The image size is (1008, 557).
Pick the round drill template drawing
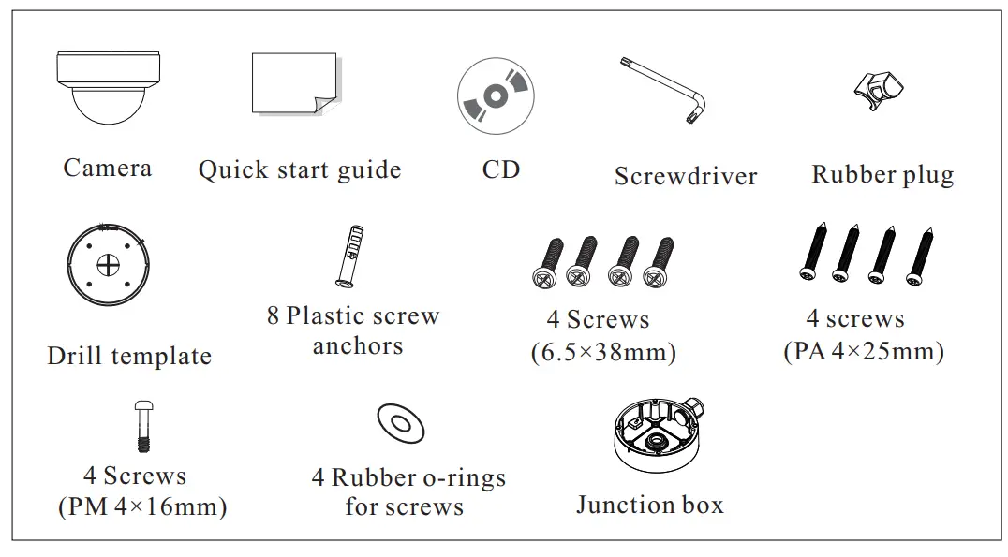tap(110, 265)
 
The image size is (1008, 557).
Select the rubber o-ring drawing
tap(401, 424)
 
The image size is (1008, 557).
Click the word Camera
tap(107, 169)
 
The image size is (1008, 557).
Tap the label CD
tap(500, 169)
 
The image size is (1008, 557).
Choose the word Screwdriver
tap(685, 176)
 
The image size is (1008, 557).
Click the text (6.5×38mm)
tap(603, 353)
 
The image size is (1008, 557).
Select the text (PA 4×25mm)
tap(863, 352)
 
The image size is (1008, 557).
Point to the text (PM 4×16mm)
tap(142, 507)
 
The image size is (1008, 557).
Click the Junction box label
tap(649, 506)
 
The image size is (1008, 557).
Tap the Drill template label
tap(129, 357)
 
